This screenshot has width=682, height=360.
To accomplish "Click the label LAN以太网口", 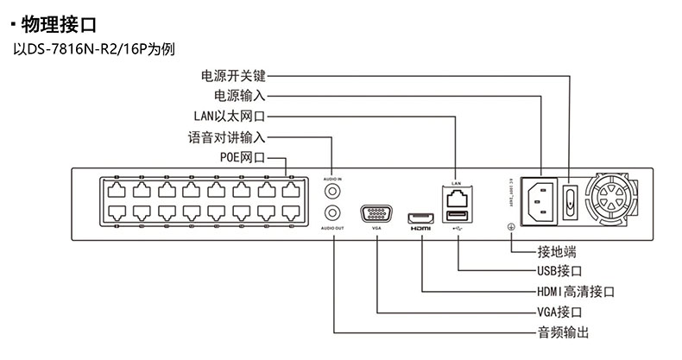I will pos(228,116).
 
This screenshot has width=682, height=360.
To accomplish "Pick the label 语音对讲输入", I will pos(227,137).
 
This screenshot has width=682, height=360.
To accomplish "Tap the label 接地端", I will pos(556,251).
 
